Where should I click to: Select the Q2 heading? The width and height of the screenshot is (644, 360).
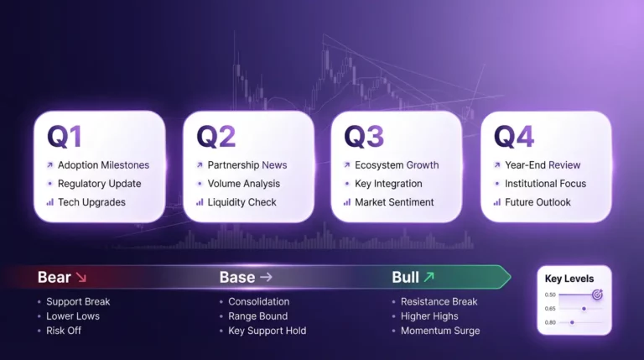point(216,136)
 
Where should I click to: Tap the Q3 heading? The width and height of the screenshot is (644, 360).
point(364,136)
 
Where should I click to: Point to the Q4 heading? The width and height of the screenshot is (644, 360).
point(514,136)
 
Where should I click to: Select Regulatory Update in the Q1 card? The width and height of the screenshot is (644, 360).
point(99,184)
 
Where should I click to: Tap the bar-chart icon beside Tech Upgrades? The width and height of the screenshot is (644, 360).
point(50,202)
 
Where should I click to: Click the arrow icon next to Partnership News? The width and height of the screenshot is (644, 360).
point(200,165)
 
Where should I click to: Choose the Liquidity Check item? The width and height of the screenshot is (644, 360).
point(242,202)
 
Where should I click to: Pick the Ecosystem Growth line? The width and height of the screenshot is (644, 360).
point(397,165)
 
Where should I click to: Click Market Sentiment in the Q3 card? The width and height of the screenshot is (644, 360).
point(394,202)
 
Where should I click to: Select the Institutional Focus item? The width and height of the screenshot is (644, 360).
point(545,184)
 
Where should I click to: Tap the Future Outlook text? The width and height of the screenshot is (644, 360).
point(538,202)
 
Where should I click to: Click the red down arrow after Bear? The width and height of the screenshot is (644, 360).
point(81,277)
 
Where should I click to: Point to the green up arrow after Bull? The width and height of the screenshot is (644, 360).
point(429,277)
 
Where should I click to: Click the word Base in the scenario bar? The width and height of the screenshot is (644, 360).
point(236,277)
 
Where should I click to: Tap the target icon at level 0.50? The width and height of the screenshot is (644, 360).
point(597,295)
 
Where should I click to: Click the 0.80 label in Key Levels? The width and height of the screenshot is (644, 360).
point(550,322)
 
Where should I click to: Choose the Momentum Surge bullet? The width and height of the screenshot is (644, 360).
point(440,331)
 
